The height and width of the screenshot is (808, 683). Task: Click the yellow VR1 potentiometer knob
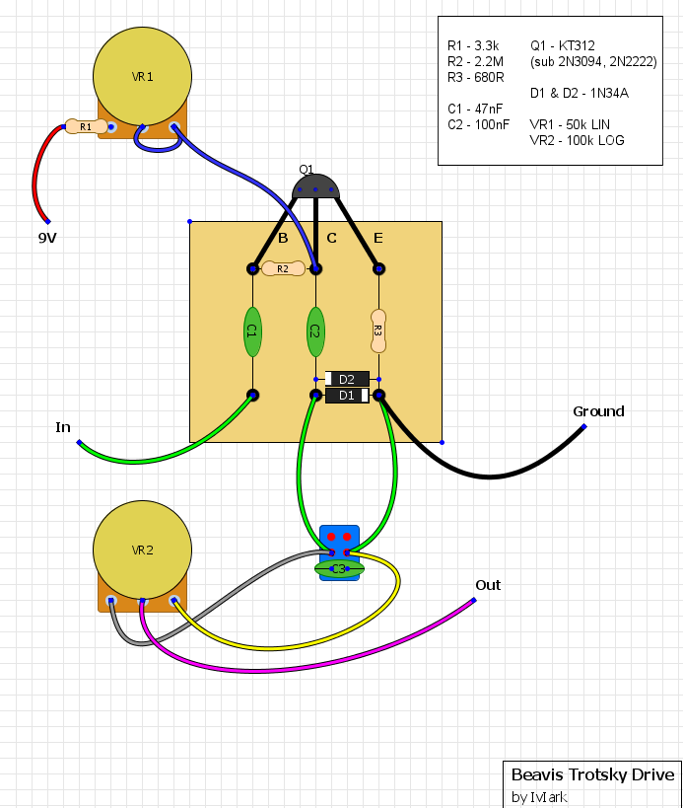tap(143, 76)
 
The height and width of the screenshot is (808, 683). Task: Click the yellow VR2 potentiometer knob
tap(143, 551)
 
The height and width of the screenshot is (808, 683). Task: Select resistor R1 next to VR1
tap(86, 127)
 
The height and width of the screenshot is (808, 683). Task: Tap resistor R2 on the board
tap(283, 268)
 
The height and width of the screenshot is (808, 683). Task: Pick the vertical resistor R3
tap(377, 331)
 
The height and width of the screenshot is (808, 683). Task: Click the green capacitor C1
tap(252, 331)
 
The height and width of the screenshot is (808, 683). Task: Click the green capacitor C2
tap(315, 331)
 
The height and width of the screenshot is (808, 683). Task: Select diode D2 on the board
tap(346, 379)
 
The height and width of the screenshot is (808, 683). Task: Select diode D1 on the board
tap(346, 396)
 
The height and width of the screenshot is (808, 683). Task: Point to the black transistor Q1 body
tap(315, 185)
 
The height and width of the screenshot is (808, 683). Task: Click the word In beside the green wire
tap(63, 427)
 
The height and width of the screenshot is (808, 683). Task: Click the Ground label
tap(598, 411)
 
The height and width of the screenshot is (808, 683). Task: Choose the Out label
tap(488, 585)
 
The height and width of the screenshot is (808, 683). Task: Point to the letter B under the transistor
tap(283, 238)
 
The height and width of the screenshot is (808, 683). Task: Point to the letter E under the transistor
tap(377, 238)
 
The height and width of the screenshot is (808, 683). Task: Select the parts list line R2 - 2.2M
tap(475, 61)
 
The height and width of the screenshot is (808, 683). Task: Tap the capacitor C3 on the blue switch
tap(339, 568)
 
